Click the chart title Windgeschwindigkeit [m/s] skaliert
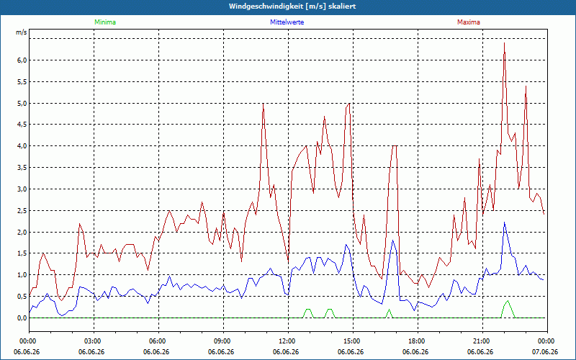(292, 6)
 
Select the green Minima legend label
(105, 22)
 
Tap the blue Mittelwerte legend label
(287, 22)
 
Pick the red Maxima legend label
(469, 22)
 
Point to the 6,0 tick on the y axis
(22, 60)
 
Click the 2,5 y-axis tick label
(22, 211)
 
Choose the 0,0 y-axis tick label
(22, 318)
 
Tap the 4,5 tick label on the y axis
(22, 125)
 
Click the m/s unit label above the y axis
(22, 32)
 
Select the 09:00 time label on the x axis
(223, 341)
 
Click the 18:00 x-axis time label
(418, 341)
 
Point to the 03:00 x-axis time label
(94, 341)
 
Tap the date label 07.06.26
(546, 352)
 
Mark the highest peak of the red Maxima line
(505, 43)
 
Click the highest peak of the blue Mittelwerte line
(505, 222)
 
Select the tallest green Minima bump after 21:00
(508, 301)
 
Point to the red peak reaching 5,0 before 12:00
(263, 104)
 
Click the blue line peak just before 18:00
(392, 240)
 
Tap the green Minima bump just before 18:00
(389, 310)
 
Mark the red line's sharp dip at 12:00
(289, 261)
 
